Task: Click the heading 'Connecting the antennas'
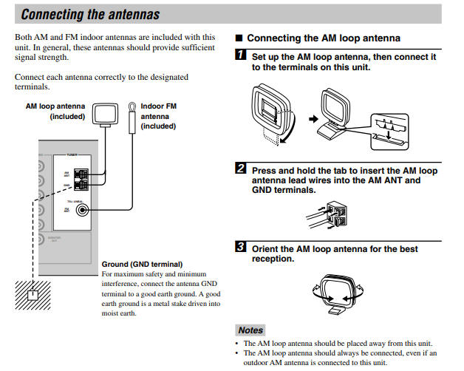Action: coord(89,14)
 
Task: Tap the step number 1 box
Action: coord(241,55)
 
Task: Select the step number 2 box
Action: coord(241,169)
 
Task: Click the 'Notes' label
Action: coord(250,330)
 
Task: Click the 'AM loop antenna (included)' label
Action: coord(55,111)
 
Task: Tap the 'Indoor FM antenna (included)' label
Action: coord(160,116)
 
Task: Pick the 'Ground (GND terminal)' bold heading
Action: coord(142,264)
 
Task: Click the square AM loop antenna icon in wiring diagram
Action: coord(105,114)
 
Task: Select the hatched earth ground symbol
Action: coord(32,297)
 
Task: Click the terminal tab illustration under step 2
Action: coord(330,214)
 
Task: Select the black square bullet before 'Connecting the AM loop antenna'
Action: coord(238,38)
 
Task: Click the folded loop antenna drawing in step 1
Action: coord(270,113)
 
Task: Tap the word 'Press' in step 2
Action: coord(265,170)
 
